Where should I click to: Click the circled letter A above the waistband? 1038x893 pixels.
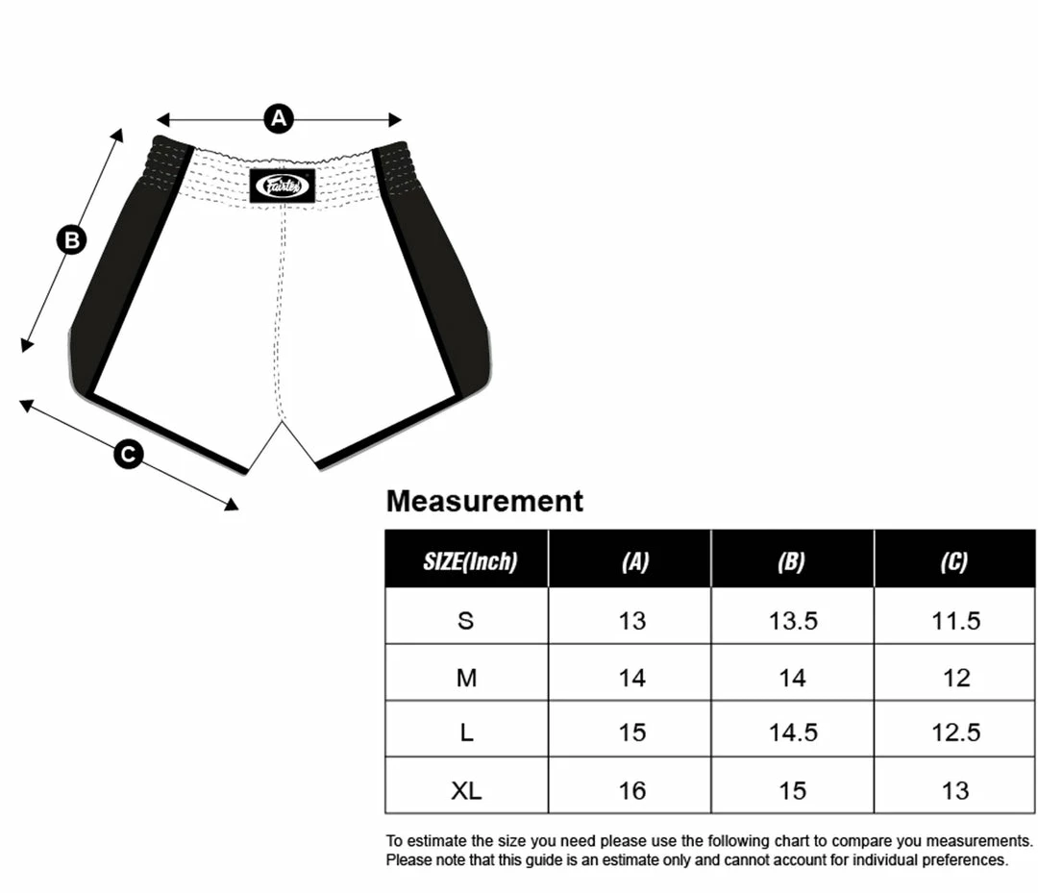279,118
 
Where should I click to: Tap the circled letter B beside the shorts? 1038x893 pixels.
71,239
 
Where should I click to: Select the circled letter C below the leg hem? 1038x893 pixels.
129,455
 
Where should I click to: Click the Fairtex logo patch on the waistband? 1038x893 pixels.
283,186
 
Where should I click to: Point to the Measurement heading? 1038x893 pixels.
484,501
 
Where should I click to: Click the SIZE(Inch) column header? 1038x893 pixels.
470,561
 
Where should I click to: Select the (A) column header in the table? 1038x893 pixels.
635,561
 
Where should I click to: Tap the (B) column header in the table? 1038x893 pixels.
791,561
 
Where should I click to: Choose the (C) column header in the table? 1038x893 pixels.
954,561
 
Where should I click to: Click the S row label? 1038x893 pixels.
466,620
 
